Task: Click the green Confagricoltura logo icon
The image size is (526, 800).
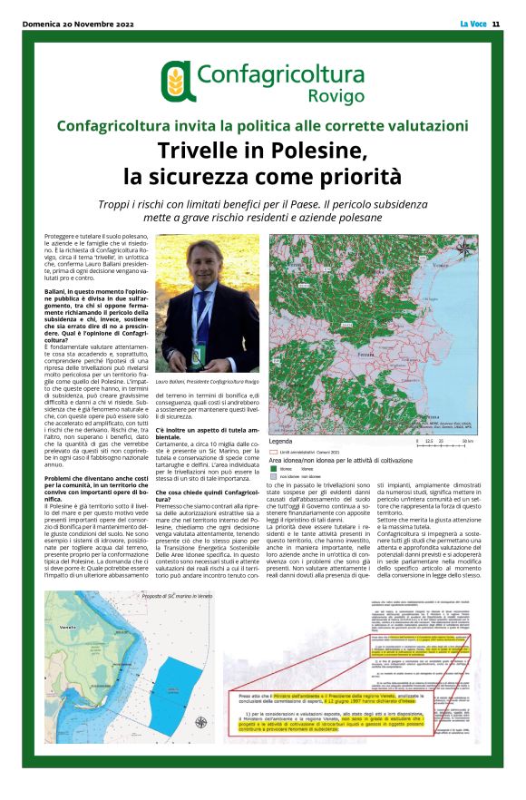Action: (x=177, y=81)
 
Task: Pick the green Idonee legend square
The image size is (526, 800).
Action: (x=275, y=469)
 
